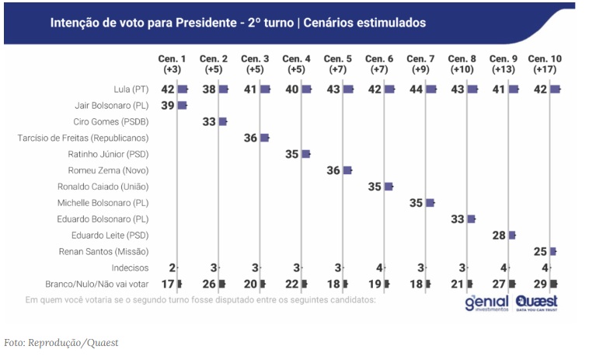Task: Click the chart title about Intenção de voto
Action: coord(238,23)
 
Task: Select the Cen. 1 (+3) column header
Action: coord(172,65)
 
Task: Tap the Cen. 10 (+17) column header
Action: coord(545,65)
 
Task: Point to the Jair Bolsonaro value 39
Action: coord(168,105)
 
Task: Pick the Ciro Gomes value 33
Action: coord(209,121)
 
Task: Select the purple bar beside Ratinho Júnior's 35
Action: coord(305,154)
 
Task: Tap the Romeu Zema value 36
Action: coord(333,170)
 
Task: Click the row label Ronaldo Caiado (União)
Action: coord(103,187)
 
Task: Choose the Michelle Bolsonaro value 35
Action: coord(416,203)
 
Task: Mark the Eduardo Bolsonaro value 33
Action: coord(457,219)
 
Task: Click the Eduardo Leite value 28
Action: coord(498,236)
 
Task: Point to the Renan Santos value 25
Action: coord(539,252)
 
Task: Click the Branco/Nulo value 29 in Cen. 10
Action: coord(539,284)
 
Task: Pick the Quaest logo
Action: coord(535,302)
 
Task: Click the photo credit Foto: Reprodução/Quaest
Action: coord(61,342)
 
